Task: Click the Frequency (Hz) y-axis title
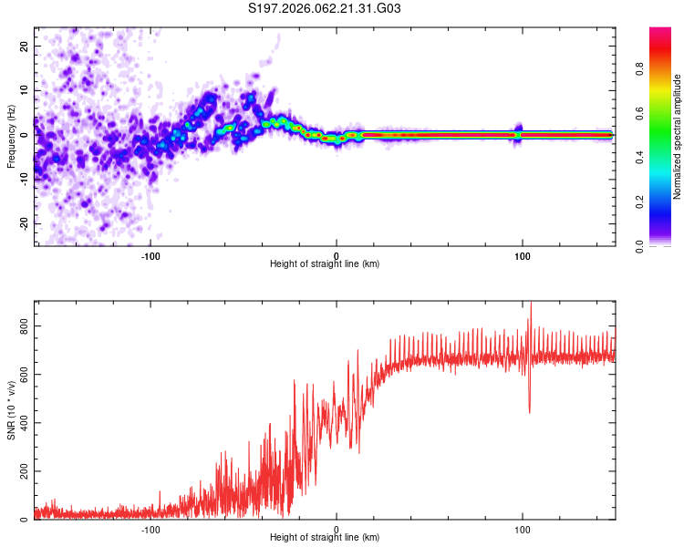click(x=11, y=137)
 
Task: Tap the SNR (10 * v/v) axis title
click(x=11, y=410)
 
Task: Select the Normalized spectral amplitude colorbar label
click(x=678, y=137)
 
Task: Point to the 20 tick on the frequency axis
click(x=24, y=46)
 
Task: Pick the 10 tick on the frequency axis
click(x=24, y=90)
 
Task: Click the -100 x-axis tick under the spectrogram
click(x=150, y=256)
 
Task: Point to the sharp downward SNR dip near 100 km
click(x=530, y=410)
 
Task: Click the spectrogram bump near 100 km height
click(x=520, y=130)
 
